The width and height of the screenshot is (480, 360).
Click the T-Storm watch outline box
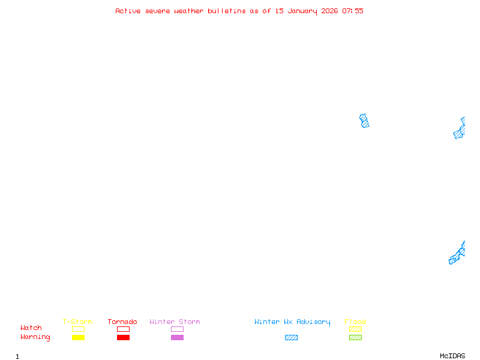[78, 329]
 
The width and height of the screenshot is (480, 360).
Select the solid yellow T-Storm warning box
[78, 337]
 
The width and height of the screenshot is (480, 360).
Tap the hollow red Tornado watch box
[123, 329]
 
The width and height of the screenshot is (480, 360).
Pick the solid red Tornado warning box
[123, 337]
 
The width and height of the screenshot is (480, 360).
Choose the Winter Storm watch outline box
[177, 329]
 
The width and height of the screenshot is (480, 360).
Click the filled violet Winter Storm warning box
[177, 337]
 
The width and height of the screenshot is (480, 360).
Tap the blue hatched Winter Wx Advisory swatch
[291, 337]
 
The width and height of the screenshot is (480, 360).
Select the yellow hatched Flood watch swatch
[355, 329]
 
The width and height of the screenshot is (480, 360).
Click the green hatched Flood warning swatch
[355, 337]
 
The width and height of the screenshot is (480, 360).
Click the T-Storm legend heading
[77, 322]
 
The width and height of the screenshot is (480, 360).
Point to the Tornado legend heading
[122, 322]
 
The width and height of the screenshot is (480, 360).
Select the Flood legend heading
[355, 322]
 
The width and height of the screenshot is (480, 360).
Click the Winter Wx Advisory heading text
[292, 322]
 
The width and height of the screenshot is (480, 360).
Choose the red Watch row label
[31, 328]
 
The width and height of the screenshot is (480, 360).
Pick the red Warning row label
[35, 337]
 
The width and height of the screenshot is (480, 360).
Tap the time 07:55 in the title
[353, 11]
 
